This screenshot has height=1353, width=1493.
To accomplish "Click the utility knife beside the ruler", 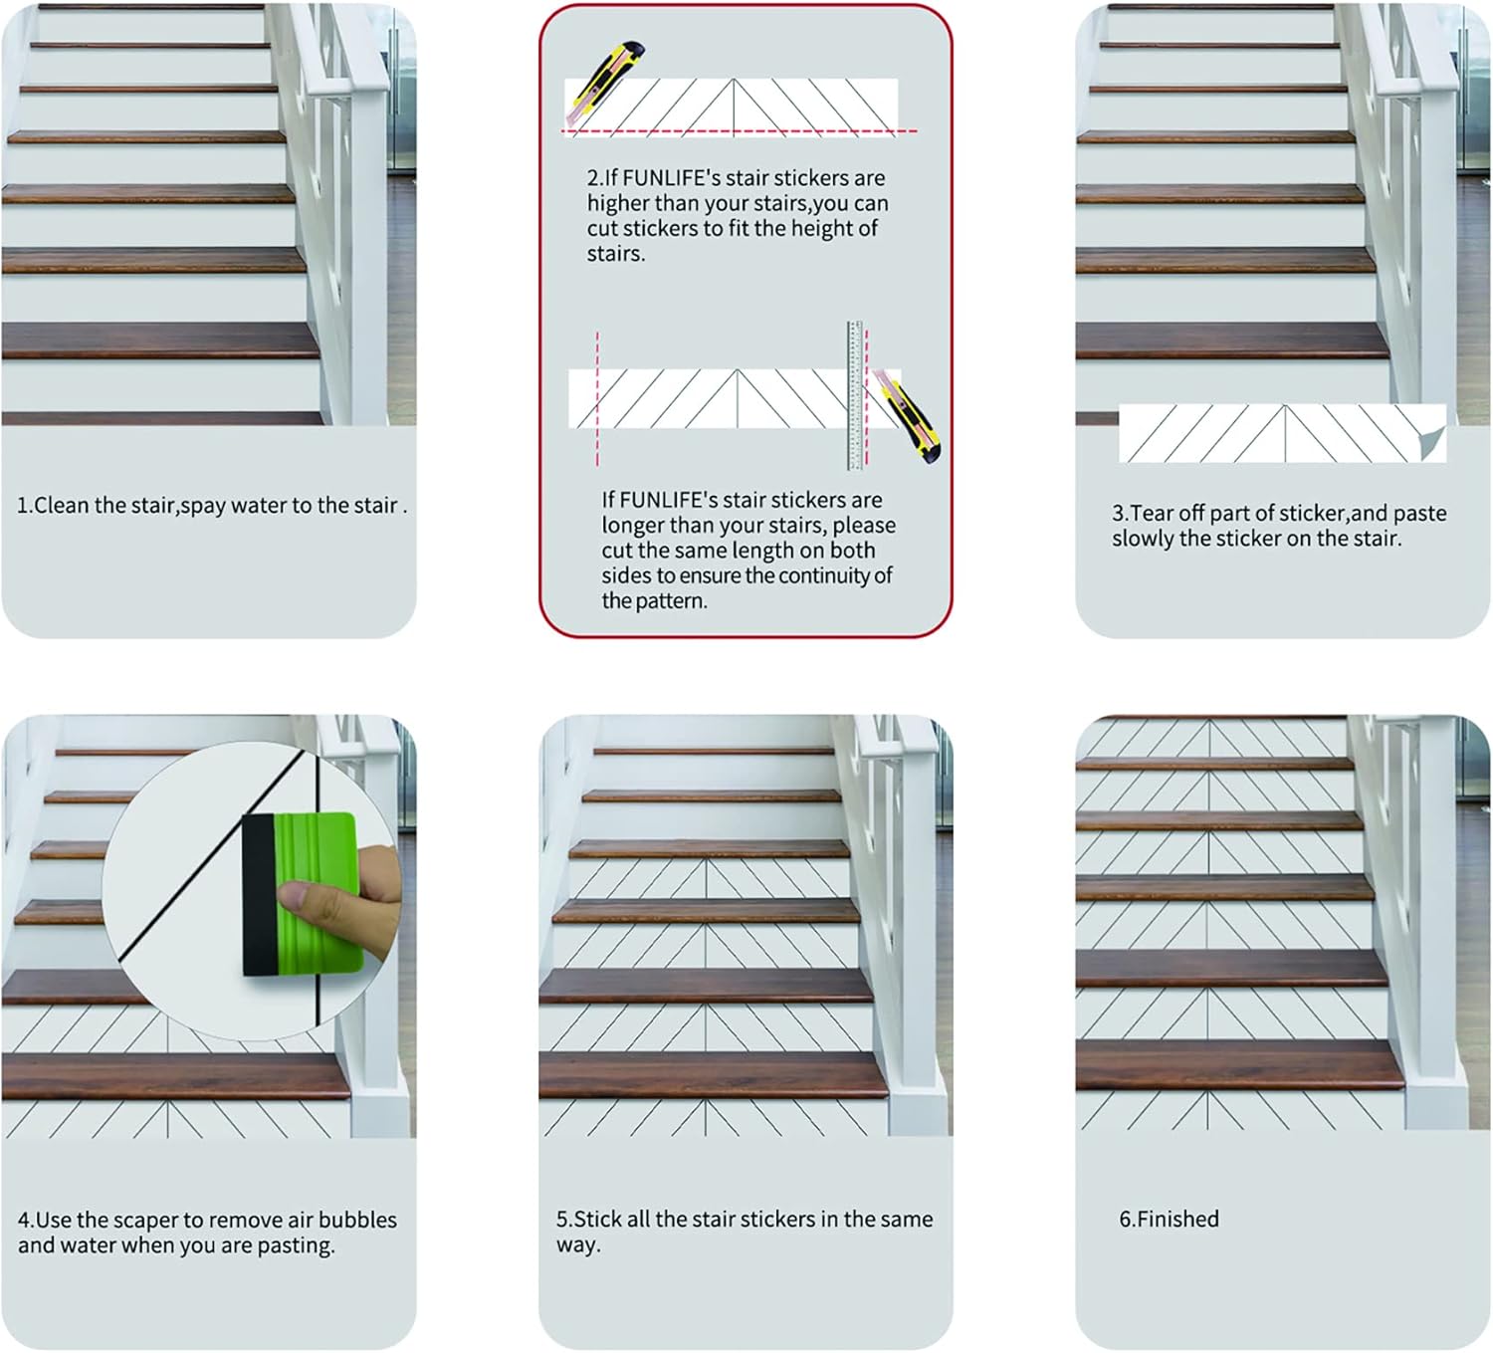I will (x=908, y=415).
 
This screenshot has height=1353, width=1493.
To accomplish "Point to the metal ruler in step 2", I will (x=855, y=395).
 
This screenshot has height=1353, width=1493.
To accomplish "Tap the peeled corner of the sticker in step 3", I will (x=1433, y=441).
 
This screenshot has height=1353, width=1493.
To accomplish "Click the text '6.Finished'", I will (x=1169, y=1219).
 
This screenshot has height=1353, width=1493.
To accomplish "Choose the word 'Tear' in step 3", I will (x=1153, y=514).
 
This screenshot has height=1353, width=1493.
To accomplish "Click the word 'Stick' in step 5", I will (x=598, y=1219).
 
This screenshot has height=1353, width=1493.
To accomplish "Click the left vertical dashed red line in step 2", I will (x=597, y=398).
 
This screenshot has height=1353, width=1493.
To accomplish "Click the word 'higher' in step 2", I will (x=617, y=203).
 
